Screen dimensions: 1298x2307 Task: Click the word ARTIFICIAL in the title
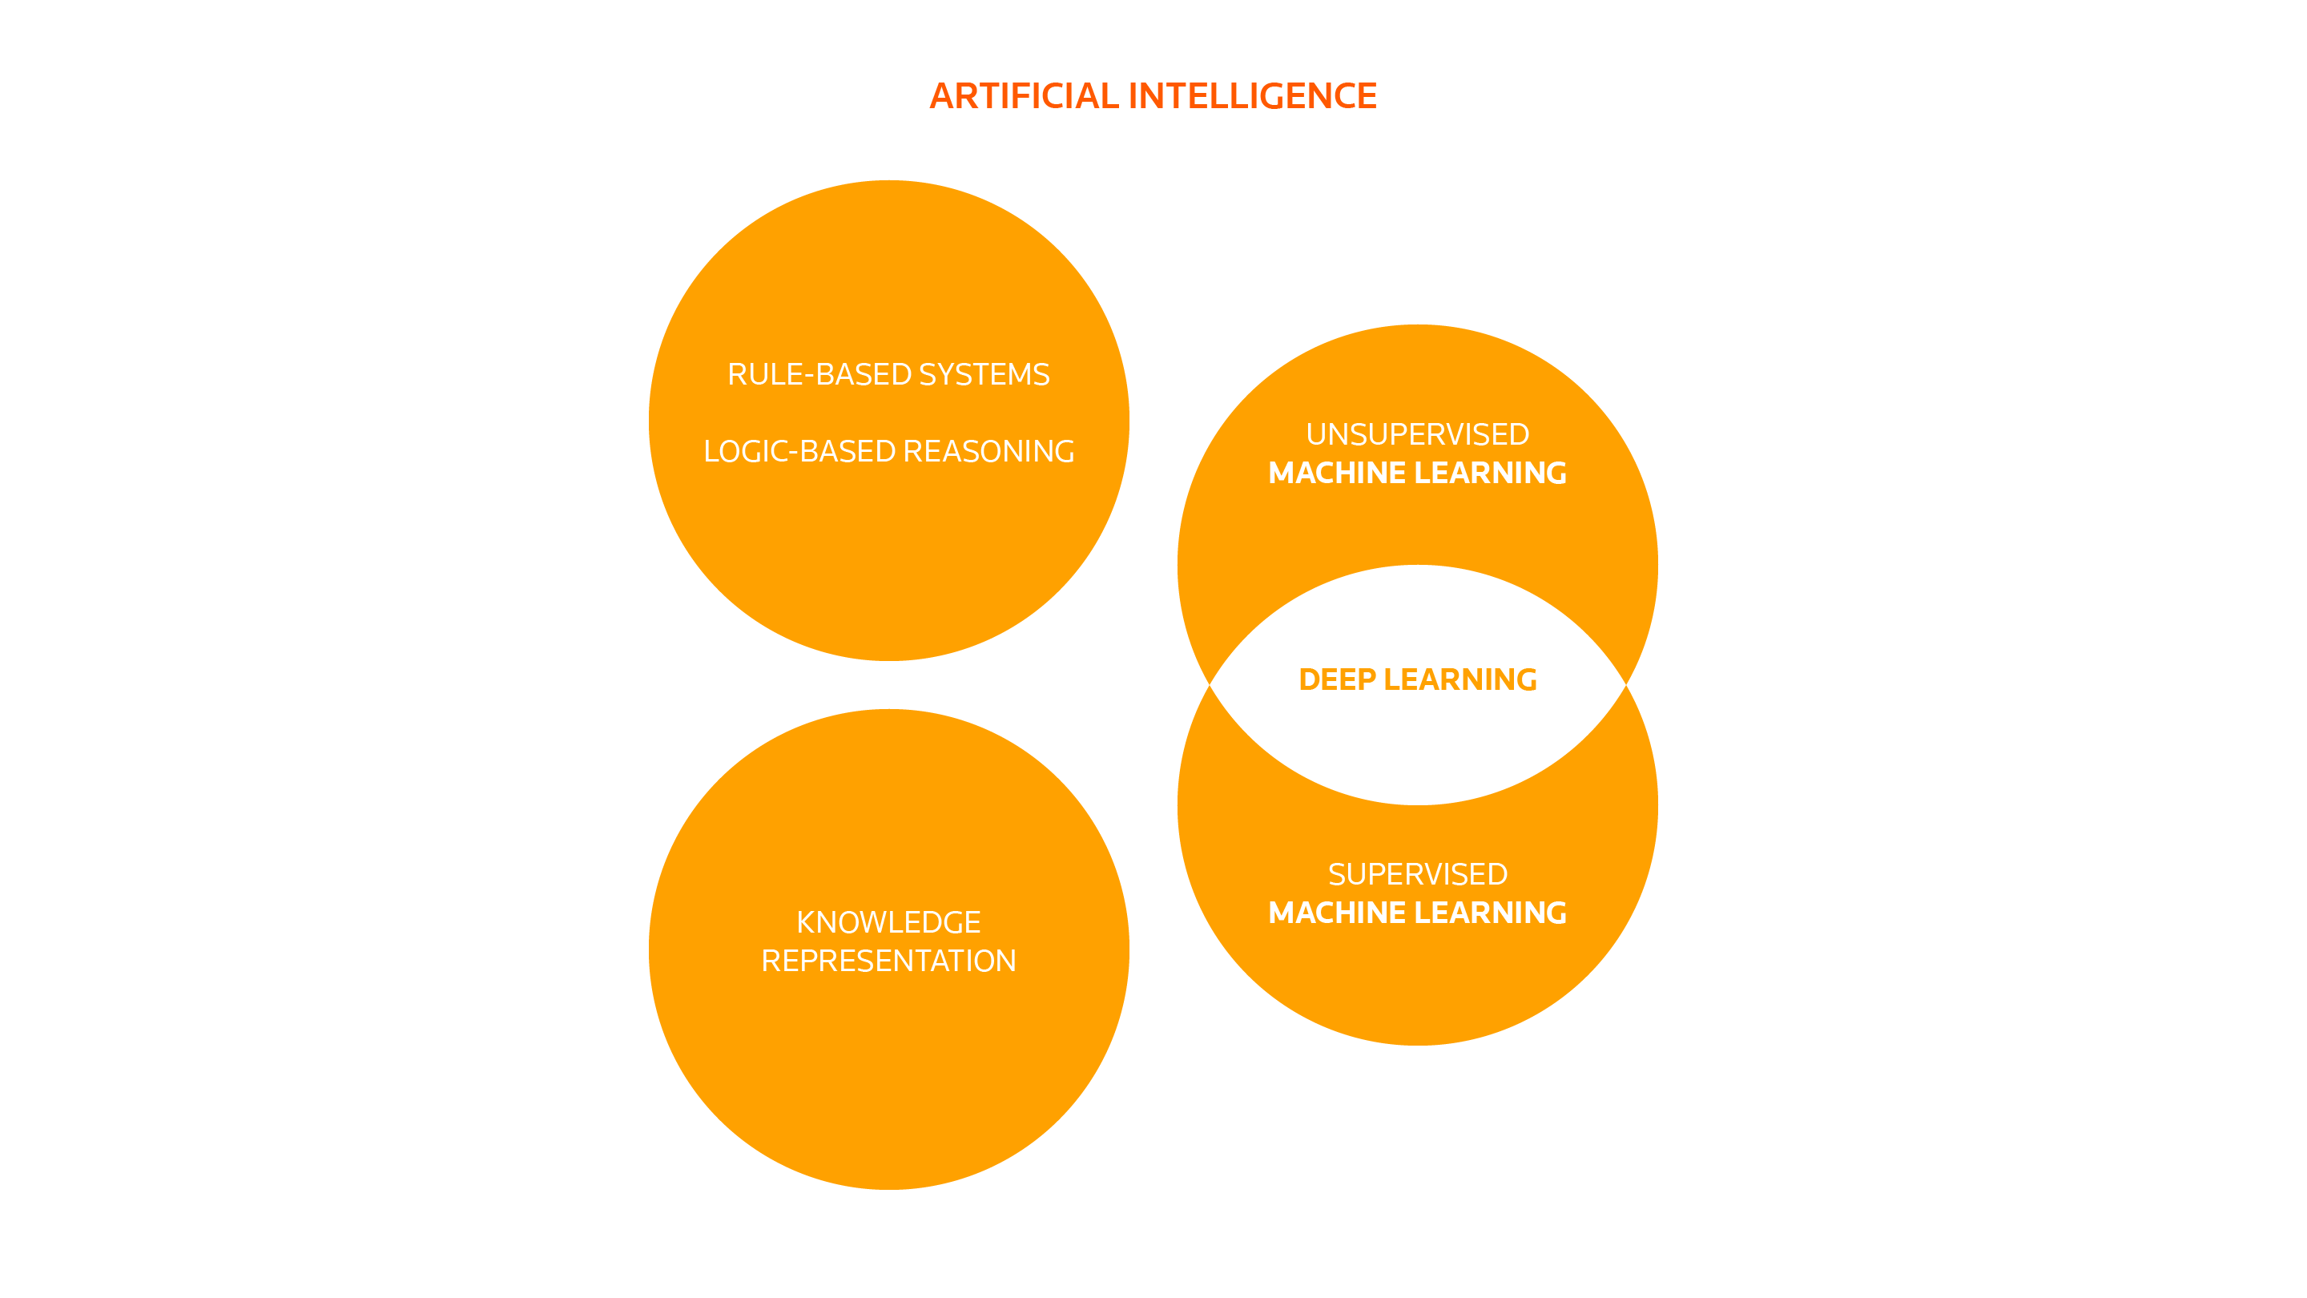[x=1024, y=96]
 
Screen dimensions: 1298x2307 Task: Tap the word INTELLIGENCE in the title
[x=1252, y=96]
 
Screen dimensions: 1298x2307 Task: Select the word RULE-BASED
[x=819, y=374]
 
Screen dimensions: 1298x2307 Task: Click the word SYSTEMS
[x=984, y=374]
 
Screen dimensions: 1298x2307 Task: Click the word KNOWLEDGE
[x=888, y=923]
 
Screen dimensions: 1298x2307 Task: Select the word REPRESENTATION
[x=888, y=961]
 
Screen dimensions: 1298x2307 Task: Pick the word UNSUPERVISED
[x=1418, y=434]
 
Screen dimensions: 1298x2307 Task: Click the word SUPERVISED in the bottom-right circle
[x=1418, y=874]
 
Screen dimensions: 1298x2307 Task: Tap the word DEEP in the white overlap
[x=1337, y=680]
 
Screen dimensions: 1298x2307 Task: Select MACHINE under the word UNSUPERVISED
[x=1337, y=473]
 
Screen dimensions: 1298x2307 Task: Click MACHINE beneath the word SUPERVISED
[x=1337, y=913]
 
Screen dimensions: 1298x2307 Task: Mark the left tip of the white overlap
[x=1212, y=684]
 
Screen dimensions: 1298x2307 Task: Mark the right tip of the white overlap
[x=1624, y=684]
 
